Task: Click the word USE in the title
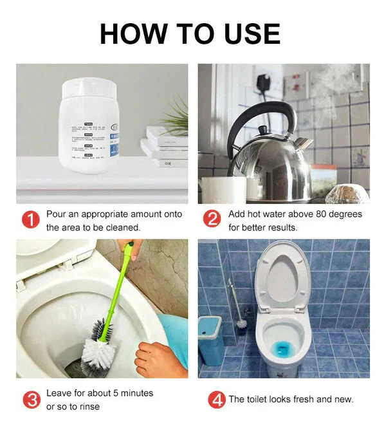248,33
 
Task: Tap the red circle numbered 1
30,220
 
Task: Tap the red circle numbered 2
212,220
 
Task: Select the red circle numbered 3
30,399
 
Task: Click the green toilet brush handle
119,283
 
